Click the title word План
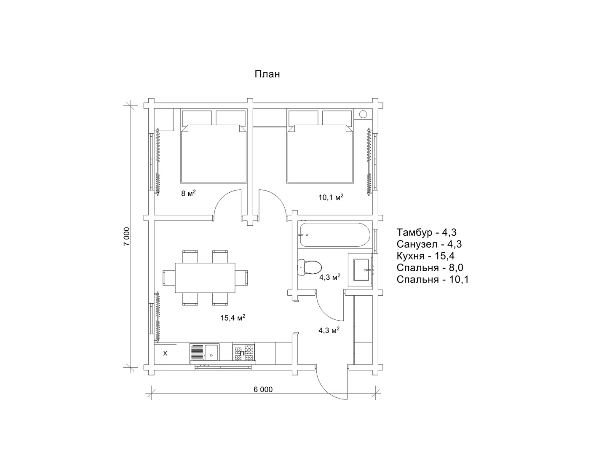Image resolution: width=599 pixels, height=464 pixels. (267, 74)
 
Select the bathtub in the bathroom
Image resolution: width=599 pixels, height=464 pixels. (334, 235)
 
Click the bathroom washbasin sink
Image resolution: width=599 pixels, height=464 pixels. (361, 270)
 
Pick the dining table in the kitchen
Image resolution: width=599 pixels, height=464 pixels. (205, 278)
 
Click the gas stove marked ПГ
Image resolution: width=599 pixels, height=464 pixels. (243, 353)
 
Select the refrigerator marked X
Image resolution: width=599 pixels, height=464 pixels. (165, 353)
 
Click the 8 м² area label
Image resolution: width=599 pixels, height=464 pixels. (188, 193)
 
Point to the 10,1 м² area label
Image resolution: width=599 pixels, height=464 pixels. (331, 197)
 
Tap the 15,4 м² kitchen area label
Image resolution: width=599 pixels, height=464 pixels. (233, 318)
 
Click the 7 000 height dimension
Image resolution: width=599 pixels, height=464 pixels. (126, 237)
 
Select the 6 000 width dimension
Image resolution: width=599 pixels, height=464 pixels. (263, 389)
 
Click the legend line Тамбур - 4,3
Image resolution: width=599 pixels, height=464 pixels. (426, 232)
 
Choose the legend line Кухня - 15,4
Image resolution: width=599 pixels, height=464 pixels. (425, 256)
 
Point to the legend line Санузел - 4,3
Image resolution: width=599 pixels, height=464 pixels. (429, 244)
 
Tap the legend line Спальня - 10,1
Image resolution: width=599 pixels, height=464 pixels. (433, 280)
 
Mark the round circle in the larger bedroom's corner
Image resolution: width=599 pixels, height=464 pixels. (363, 114)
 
